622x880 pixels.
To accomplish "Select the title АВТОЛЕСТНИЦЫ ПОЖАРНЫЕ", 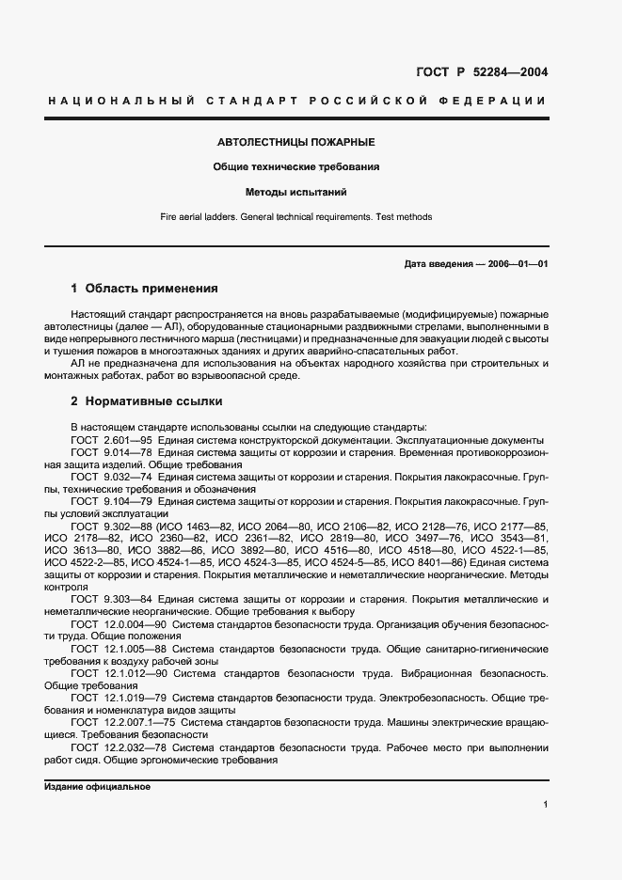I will click(x=295, y=142).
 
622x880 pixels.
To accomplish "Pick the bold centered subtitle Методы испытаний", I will click(x=295, y=192).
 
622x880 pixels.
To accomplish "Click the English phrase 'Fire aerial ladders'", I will click(x=193, y=216).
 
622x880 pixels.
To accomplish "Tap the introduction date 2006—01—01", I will click(x=516, y=264).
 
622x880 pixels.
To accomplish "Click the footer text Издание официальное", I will click(x=98, y=786).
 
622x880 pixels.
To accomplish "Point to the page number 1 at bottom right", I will click(x=545, y=805).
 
